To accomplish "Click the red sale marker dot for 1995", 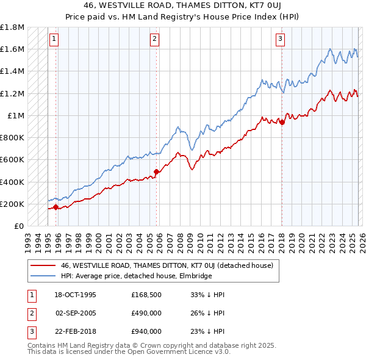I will coord(56,207).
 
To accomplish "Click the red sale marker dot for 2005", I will coord(157,171).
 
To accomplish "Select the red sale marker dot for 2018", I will coord(282,122).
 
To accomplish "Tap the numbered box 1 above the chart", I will coord(54,40).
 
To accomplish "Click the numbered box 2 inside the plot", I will coord(154,40).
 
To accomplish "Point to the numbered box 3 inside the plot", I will coord(280,40).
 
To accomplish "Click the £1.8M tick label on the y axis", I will coord(12,27).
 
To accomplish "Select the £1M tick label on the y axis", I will coord(16,115).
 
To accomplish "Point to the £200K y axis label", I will coord(12,204).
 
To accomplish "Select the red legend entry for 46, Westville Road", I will coord(170,265).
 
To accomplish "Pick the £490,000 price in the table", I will coord(146,313).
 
